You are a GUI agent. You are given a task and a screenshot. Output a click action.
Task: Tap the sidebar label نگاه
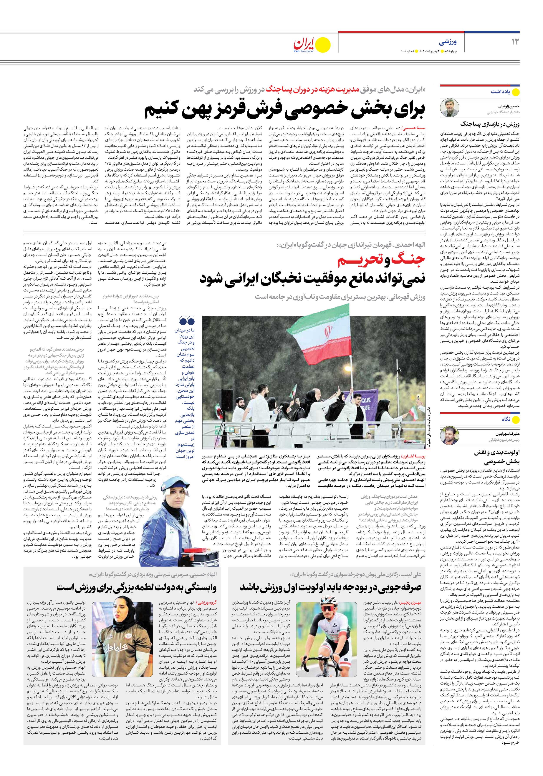pyautogui.click(x=506, y=419)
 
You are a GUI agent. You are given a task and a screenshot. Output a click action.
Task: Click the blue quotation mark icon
pyautogui.click(x=187, y=320)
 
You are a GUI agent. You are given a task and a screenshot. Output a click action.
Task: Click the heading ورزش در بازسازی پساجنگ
pyautogui.click(x=490, y=124)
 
